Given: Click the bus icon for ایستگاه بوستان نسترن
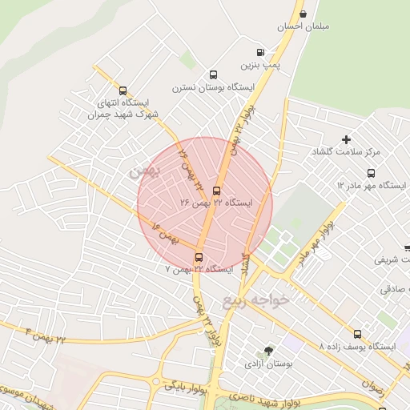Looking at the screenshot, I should click(x=213, y=73).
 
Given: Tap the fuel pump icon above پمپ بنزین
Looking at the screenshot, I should click(x=260, y=50).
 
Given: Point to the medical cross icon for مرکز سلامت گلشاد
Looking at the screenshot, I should click(x=346, y=139).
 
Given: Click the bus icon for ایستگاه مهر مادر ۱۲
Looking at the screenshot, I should click(x=371, y=173).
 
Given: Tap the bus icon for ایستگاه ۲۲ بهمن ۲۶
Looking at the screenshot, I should click(x=216, y=191).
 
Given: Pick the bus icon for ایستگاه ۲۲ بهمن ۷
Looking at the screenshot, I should click(x=199, y=257).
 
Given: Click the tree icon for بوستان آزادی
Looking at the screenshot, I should click(x=269, y=352).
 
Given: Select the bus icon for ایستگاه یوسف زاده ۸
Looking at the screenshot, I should click(x=357, y=335).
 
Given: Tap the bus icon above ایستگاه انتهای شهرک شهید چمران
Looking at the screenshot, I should click(x=123, y=90).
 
